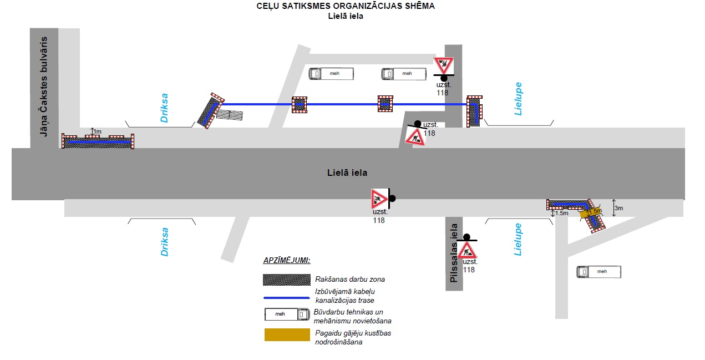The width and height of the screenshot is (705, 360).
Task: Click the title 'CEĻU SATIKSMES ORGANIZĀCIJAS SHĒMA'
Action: click(345, 6)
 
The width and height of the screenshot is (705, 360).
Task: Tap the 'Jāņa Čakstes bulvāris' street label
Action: click(44, 87)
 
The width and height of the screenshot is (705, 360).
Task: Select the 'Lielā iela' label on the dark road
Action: click(347, 173)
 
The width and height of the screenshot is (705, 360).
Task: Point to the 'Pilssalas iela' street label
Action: click(454, 253)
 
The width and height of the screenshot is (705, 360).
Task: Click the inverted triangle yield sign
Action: click(444, 65)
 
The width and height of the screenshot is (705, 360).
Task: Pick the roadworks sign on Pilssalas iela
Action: click(466, 251)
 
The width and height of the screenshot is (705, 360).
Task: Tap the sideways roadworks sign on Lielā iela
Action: click(379, 199)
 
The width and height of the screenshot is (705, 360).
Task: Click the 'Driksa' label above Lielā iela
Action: click(164, 108)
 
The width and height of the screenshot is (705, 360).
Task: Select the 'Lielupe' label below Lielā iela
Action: click(518, 239)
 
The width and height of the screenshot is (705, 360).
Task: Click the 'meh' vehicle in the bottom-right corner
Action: click(599, 272)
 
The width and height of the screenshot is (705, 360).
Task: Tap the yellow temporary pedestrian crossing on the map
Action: click(591, 213)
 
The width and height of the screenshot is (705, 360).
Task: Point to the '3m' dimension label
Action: click(619, 208)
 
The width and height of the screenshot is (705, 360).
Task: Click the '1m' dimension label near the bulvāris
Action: click(98, 131)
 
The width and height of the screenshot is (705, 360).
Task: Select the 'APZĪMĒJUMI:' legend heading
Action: click(287, 261)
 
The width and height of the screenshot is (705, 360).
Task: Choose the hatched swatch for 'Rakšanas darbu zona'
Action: click(287, 280)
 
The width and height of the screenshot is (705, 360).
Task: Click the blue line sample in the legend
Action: click(287, 298)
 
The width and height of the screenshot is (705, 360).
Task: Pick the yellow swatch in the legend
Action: click(287, 335)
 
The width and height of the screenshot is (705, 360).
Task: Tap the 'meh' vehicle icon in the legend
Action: click(287, 315)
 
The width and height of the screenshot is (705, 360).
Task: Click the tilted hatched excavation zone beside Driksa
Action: click(211, 110)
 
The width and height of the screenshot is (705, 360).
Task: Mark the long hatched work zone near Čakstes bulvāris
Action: click(98, 142)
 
